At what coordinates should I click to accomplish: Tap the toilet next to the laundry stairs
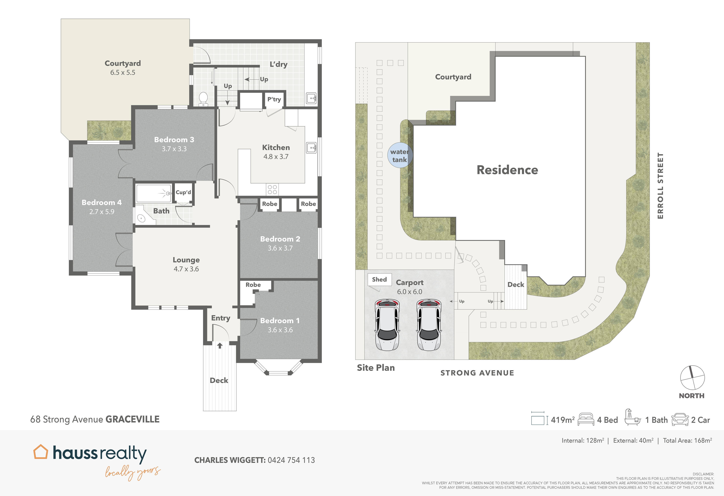click(x=203, y=99)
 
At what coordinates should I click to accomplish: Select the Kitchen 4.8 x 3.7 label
click(x=276, y=152)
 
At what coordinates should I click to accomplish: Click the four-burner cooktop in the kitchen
click(x=272, y=189)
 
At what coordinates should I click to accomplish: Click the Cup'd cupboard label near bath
click(x=183, y=192)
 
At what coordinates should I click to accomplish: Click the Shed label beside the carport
click(x=379, y=279)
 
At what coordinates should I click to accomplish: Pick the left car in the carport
click(x=387, y=324)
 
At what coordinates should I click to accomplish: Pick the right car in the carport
click(x=429, y=324)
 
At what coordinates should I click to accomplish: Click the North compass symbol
click(x=692, y=378)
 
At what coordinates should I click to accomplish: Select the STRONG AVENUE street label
click(x=477, y=373)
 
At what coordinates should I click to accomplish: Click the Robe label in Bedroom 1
click(x=253, y=285)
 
